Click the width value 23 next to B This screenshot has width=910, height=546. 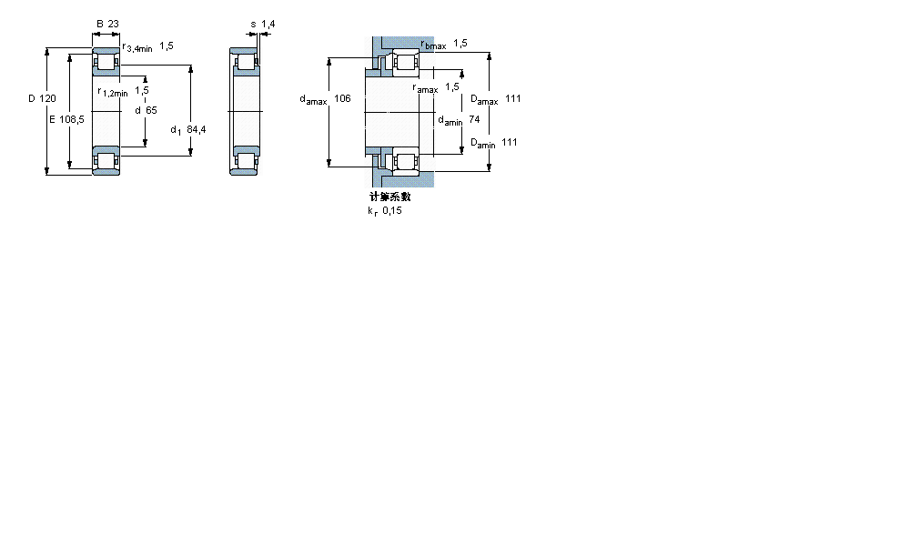coord(114,24)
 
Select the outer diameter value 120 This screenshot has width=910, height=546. coord(47,98)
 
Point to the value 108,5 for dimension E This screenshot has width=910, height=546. coord(73,119)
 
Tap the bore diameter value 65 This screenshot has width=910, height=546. coord(151,110)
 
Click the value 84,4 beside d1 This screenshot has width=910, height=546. coord(196,130)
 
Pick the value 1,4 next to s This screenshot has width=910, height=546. coord(268,24)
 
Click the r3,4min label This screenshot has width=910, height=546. coord(136,46)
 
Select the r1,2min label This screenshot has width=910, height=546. coord(114,92)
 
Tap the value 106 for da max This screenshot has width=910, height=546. coord(342,98)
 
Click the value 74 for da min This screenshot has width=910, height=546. coord(473,119)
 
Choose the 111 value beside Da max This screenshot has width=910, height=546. coord(513,98)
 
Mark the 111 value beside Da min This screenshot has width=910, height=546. coord(510,142)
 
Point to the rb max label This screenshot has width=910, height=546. coord(433,45)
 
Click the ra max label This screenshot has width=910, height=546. coord(425,88)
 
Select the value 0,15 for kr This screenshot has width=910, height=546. coord(391,210)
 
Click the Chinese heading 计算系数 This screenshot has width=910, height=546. coord(389,197)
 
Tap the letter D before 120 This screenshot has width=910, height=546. coord(31,98)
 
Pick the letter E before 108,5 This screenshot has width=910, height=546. coord(52,119)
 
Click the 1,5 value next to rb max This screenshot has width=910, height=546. coord(460,43)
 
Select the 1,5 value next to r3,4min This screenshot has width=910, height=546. coord(167,45)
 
